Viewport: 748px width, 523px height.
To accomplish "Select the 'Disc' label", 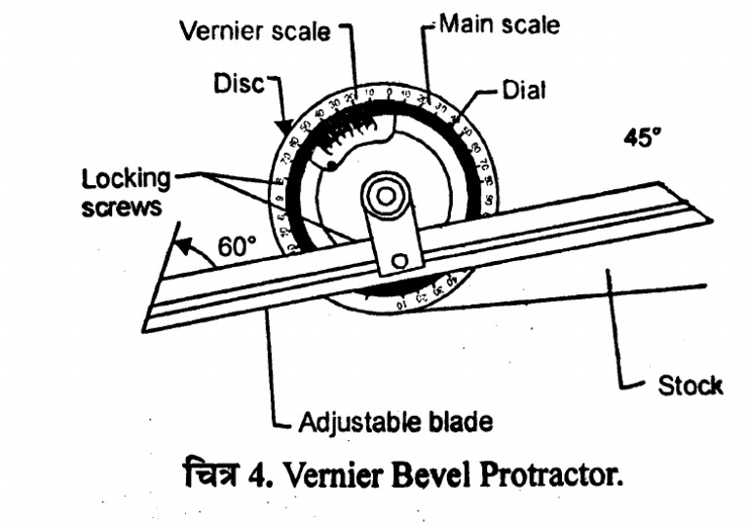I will pos(239,85).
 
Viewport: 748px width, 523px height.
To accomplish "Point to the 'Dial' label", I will pos(524,91).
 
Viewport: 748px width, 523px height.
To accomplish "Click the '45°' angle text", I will pos(643,138).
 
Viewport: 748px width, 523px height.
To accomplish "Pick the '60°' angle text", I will pos(235,247).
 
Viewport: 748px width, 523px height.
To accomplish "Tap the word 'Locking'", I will pos(126,179).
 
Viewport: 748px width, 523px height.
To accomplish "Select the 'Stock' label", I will pos(689,386).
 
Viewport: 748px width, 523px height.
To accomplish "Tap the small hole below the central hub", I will pos(399,261).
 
